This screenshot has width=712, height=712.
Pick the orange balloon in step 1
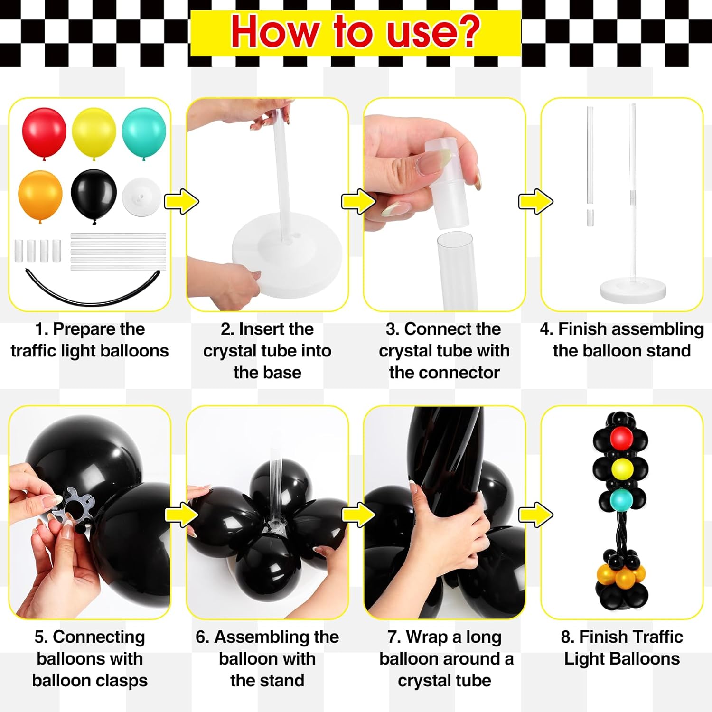pyautogui.click(x=40, y=195)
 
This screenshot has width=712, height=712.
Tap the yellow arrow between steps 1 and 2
pyautogui.click(x=181, y=201)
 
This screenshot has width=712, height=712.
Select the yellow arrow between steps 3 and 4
pyautogui.click(x=535, y=201)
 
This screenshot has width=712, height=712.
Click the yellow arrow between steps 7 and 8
pyautogui.click(x=535, y=514)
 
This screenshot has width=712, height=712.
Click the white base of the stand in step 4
pyautogui.click(x=633, y=289)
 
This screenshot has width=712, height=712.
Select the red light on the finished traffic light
pyautogui.click(x=622, y=437)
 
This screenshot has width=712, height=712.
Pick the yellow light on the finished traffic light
pyautogui.click(x=622, y=468)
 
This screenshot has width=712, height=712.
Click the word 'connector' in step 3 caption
pyautogui.click(x=444, y=373)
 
